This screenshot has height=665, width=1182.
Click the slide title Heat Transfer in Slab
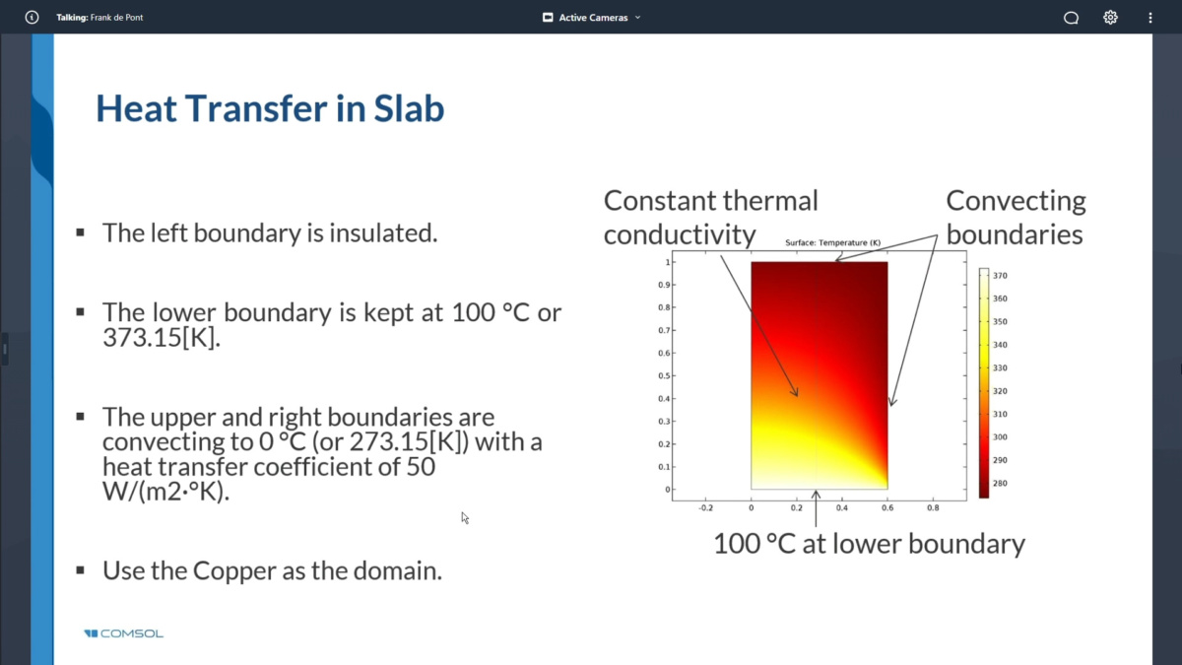[270, 108]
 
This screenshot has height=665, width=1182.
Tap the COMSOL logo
[123, 633]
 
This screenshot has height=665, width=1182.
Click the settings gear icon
[1110, 18]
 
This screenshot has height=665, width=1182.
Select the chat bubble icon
[1071, 18]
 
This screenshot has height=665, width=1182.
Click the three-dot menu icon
[1150, 18]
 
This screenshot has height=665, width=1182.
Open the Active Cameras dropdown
[592, 18]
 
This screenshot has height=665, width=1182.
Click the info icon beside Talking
[32, 18]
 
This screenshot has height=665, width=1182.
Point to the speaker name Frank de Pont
[116, 18]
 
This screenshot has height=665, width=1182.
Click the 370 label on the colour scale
[1000, 276]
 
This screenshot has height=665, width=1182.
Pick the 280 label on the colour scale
[1000, 483]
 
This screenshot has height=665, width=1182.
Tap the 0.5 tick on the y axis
[664, 375]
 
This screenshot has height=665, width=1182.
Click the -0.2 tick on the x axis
[705, 507]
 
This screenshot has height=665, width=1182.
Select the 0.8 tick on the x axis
[933, 507]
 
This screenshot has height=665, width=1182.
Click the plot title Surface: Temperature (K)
[832, 242]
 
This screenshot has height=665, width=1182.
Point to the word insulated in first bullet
[383, 233]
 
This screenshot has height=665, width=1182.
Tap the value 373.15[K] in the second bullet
[162, 337]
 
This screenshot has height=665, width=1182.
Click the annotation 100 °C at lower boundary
[869, 544]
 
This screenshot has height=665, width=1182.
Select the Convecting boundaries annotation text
[1016, 218]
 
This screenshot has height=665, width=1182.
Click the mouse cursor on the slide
[465, 518]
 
